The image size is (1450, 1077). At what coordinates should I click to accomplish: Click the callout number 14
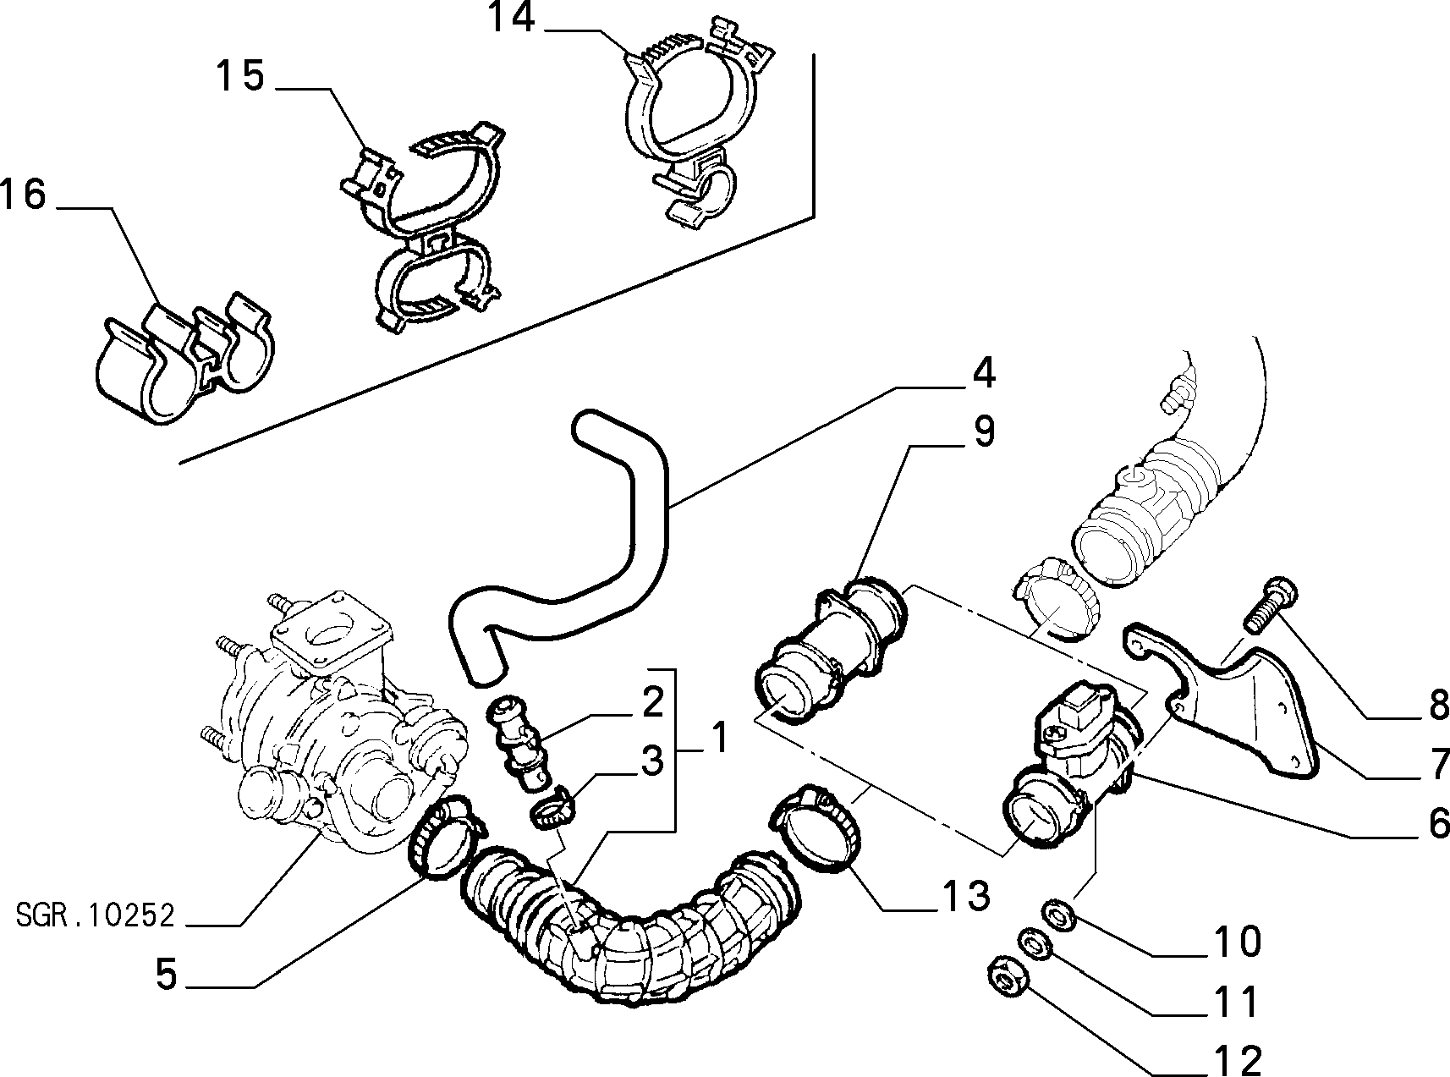pos(512,19)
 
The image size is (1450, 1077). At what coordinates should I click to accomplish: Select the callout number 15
pos(239,76)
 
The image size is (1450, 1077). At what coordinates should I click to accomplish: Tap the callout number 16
pos(23,195)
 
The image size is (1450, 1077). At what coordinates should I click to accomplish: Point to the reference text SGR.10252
pos(96,915)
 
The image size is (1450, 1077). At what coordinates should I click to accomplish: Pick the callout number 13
pos(964,895)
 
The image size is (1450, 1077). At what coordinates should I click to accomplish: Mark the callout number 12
pos(1237,1058)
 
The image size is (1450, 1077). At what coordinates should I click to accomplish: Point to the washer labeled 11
pos(1032,944)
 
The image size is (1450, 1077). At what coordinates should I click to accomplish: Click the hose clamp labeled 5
pos(444,837)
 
